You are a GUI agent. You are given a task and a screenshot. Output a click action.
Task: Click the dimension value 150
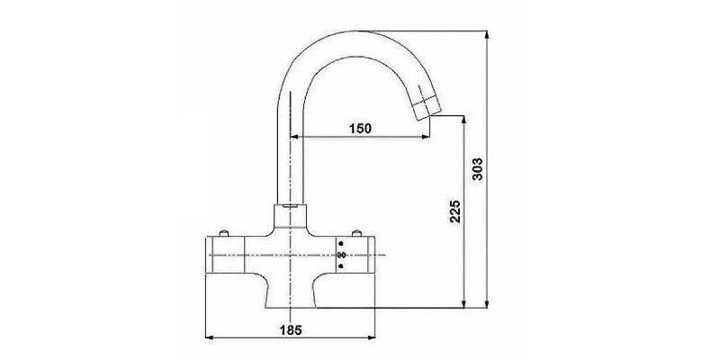[x=360, y=129]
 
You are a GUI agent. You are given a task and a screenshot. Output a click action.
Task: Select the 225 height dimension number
[x=454, y=211]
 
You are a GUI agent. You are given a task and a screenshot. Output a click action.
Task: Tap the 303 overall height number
[x=478, y=169]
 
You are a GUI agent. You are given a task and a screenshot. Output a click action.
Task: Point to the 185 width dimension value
[x=291, y=330]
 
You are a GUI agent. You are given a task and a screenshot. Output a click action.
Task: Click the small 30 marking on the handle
[x=342, y=256]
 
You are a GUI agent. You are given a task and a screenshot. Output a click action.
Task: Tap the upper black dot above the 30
[x=342, y=244]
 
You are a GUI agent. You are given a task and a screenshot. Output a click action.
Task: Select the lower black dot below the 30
[x=342, y=266]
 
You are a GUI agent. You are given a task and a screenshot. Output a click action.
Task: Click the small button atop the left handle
[x=224, y=233]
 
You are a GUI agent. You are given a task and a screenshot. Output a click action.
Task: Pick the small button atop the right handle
[x=356, y=233]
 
